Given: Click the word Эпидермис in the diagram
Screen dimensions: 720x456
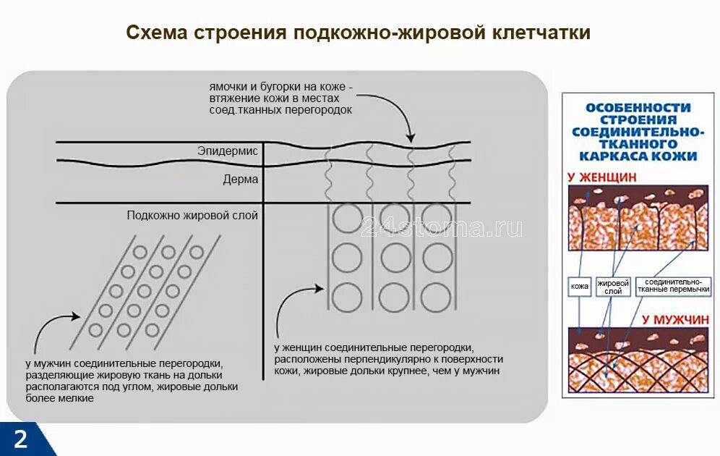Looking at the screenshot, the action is [227, 151].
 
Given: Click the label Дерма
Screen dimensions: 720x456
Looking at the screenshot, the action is [240, 180].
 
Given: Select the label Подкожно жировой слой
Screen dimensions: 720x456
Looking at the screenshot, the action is [192, 215].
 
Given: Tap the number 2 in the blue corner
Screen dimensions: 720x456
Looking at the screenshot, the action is [20, 439].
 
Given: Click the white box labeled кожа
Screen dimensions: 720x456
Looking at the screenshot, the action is [580, 287].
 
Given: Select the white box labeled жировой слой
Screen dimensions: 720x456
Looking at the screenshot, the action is [613, 287].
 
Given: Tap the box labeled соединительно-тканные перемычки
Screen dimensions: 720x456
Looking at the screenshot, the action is [673, 287].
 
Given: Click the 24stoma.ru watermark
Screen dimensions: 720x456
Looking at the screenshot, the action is [441, 227].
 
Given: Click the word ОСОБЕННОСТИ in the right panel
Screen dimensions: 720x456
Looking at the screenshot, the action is [638, 108].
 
